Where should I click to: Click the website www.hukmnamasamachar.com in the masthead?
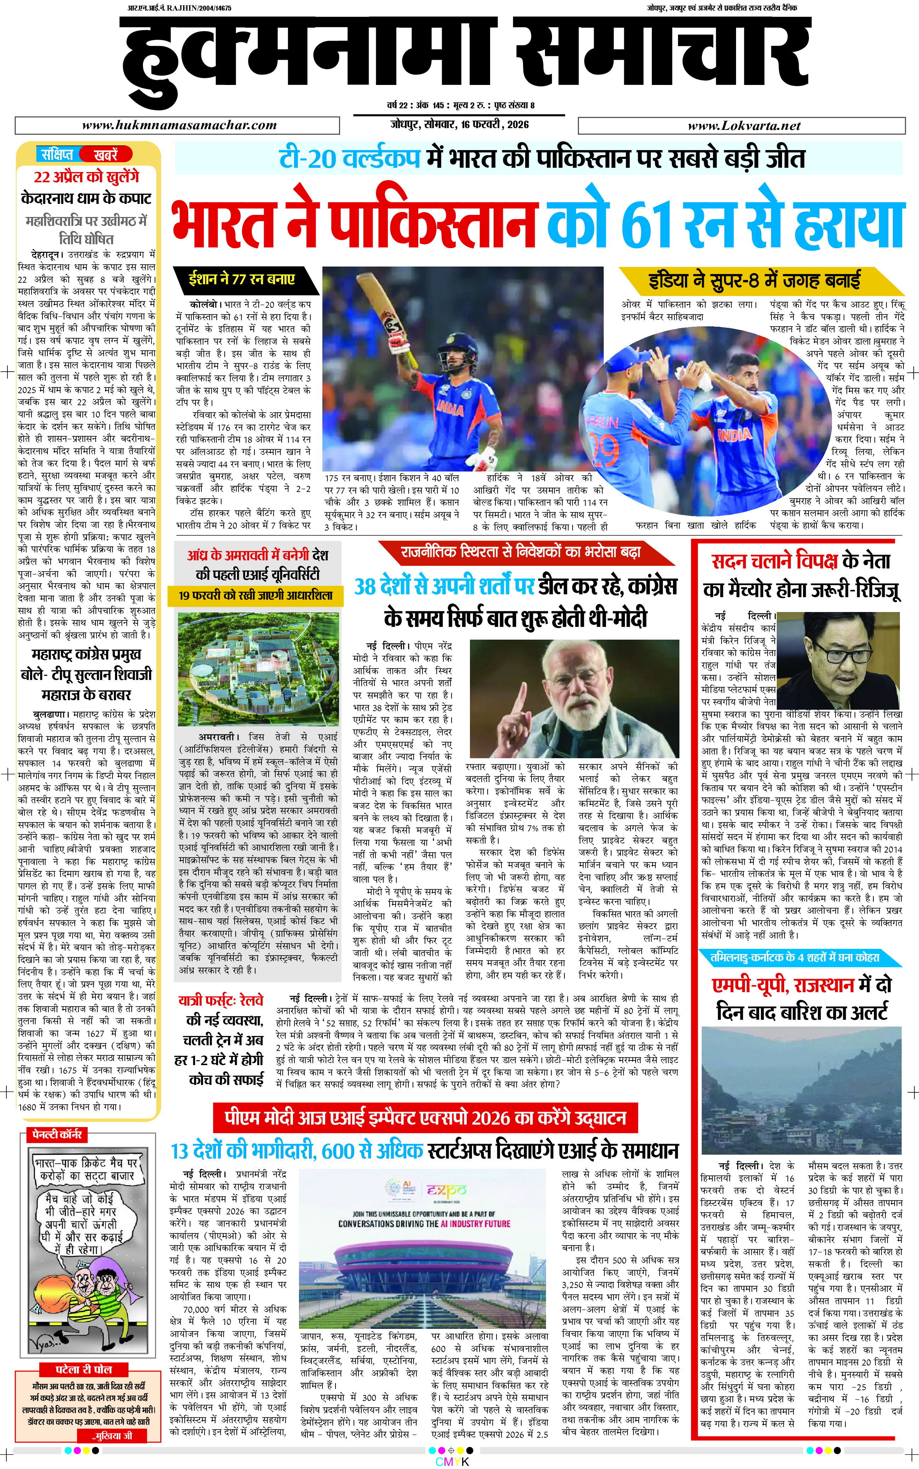[x=179, y=125]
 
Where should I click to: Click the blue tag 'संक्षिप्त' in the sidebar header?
[x=57, y=154]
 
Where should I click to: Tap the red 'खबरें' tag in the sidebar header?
[x=105, y=154]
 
